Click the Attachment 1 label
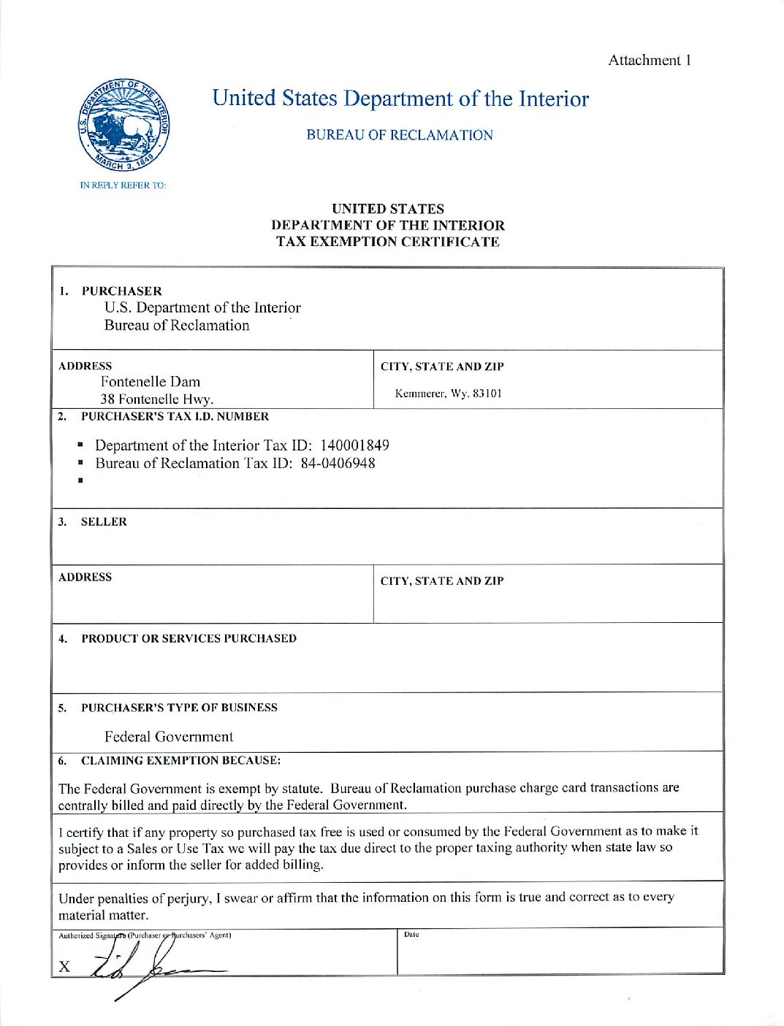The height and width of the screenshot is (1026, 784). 650,61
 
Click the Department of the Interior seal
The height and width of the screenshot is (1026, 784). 124,126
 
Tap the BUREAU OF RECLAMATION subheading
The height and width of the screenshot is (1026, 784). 400,135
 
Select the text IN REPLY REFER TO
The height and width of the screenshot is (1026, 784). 123,185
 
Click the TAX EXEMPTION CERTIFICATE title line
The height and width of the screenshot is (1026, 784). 388,242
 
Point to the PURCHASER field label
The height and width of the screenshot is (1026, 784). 121,291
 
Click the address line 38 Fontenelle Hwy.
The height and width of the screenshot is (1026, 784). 157,399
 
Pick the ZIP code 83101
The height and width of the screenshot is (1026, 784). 487,394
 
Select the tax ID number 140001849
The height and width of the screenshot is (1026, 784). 354,445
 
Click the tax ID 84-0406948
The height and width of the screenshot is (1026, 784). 338,463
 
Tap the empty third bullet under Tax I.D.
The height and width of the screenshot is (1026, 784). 80,481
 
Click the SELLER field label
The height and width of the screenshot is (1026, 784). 104,521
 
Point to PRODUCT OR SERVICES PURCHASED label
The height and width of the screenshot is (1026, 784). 189,638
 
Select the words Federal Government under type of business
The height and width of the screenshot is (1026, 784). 169,736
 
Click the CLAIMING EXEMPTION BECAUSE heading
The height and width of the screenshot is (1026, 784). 180,760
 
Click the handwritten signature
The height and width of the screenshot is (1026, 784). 146,964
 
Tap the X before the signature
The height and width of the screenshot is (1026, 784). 64,967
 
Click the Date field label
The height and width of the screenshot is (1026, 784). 411,935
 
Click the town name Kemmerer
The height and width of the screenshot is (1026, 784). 420,394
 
